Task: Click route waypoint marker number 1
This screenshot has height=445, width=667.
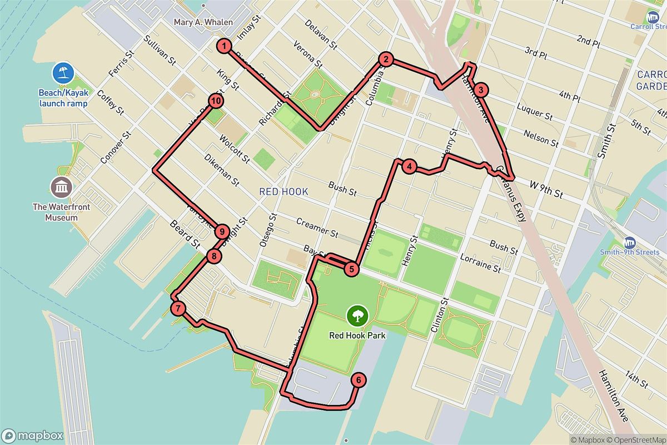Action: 223,46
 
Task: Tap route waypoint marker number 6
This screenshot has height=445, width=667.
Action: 359,380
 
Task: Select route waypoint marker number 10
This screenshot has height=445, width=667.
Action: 216,101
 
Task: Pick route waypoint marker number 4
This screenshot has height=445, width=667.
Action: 409,166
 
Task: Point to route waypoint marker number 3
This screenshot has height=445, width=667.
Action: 481,90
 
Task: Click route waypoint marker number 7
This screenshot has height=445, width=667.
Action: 177,309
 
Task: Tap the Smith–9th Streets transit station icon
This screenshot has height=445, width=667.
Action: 630,243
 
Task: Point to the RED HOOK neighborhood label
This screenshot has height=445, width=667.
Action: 283,192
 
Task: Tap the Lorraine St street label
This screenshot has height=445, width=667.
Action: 480,262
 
